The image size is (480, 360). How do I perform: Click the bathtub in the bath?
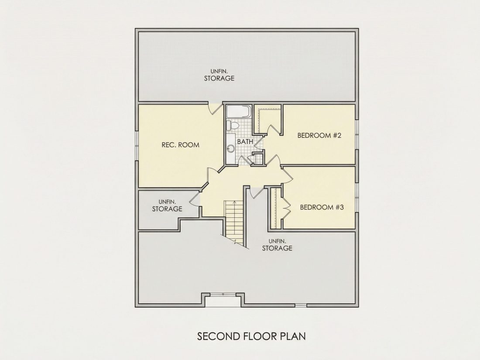pos(239,111)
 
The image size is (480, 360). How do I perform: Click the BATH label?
pos(245,142)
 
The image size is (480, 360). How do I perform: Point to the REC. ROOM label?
pos(180,145)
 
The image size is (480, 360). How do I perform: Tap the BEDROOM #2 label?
pos(319,135)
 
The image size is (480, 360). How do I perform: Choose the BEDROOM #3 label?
pos(322,207)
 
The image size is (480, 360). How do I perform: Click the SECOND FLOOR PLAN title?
pos(251,336)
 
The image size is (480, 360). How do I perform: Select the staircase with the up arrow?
pos(234,223)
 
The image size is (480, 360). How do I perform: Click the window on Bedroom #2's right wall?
pos(357,135)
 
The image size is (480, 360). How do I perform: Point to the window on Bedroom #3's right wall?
pos(357,198)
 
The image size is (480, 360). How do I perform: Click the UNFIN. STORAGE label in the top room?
pos(219,75)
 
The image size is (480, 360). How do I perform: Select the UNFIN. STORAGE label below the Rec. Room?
pos(167,206)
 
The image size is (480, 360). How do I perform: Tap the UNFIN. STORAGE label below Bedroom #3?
pos(277,245)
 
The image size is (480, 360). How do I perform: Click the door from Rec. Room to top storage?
pos(216,108)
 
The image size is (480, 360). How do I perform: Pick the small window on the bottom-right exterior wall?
pos(301,305)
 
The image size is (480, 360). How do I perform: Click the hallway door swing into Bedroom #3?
pos(287,175)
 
